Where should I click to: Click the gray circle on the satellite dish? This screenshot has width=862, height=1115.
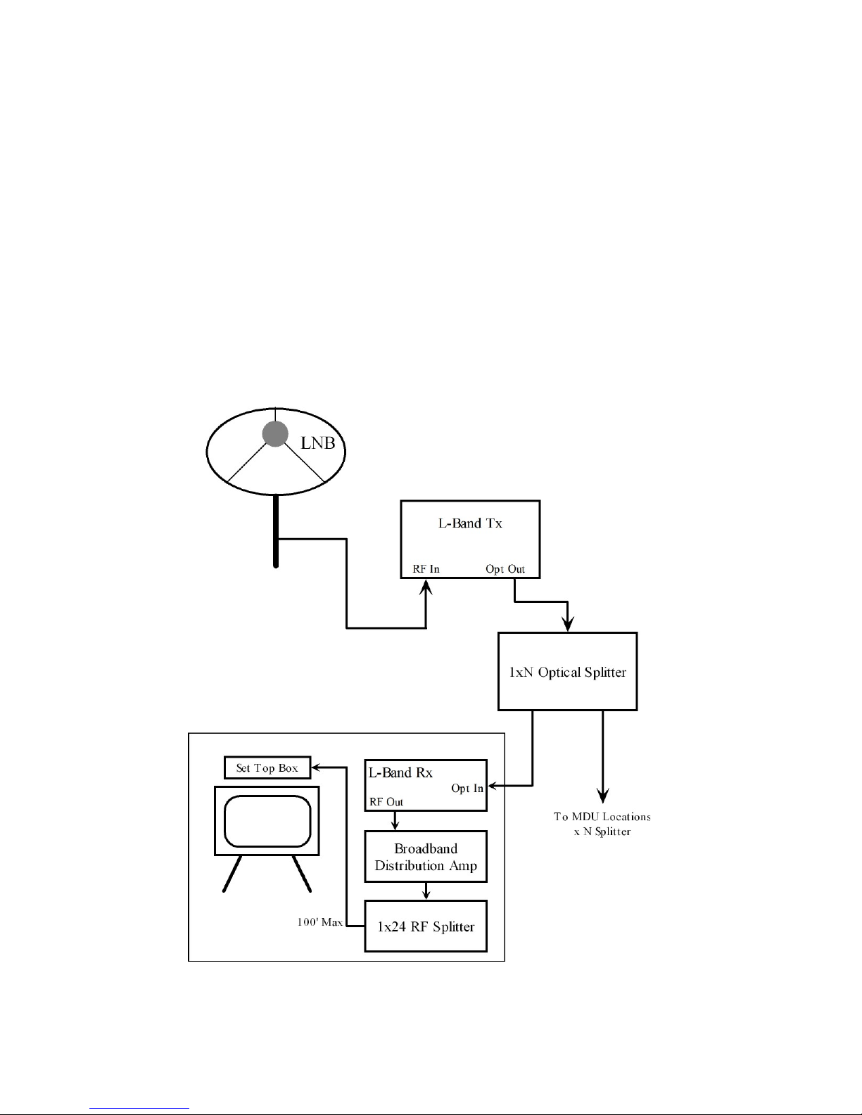point(275,434)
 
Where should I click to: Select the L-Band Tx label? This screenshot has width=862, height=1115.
point(470,523)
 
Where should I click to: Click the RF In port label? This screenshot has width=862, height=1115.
point(426,569)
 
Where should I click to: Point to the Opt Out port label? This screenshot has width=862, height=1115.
point(505,569)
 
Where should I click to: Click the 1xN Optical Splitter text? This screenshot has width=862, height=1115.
point(567,673)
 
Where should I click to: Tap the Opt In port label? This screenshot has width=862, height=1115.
point(467,789)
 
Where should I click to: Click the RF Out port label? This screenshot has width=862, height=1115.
point(386,802)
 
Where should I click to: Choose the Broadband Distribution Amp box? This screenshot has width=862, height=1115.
point(426,857)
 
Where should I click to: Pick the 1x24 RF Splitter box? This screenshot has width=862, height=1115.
point(426,926)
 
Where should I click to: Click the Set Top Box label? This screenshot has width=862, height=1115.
point(267,768)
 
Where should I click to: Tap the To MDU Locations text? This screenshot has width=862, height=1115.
point(602,817)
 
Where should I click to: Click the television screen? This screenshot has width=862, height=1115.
point(267,821)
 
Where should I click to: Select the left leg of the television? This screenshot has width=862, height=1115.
point(233,874)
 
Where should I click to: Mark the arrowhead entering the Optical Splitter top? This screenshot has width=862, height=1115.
point(568,625)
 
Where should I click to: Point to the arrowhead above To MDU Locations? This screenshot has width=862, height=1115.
point(602,796)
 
